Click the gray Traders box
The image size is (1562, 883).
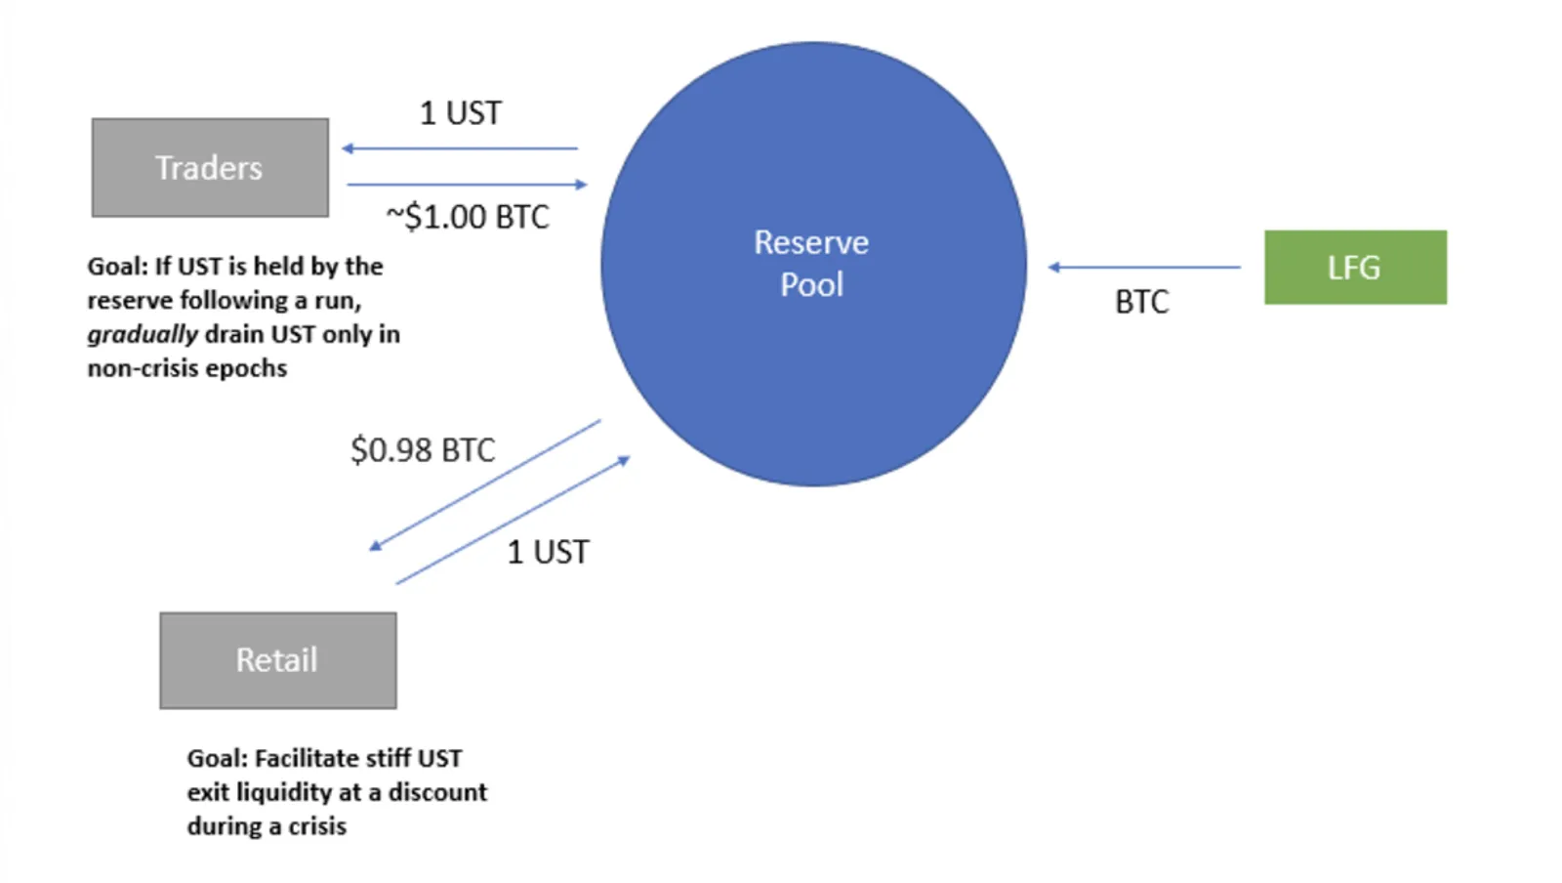click(210, 167)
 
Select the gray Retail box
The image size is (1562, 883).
click(278, 660)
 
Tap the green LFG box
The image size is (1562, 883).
click(1356, 267)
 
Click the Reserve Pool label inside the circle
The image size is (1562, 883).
click(811, 263)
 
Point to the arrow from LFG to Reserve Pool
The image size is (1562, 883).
click(1144, 267)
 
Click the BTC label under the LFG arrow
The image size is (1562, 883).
click(1142, 302)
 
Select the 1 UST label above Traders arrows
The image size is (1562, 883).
click(460, 113)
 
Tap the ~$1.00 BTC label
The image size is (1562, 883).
click(468, 217)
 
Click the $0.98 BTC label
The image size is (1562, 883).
click(423, 450)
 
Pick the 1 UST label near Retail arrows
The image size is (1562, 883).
click(548, 553)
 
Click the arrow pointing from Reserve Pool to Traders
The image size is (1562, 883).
click(460, 147)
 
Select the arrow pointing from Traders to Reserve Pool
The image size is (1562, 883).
click(468, 185)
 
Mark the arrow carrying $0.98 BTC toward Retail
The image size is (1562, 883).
click(484, 485)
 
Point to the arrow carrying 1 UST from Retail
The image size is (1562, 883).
click(514, 520)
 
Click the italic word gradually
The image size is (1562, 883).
click(143, 335)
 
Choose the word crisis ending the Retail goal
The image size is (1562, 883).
click(317, 826)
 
